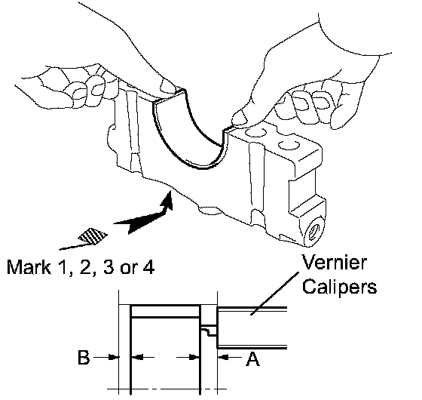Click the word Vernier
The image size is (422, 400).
(334, 262)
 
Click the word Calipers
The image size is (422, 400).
(339, 286)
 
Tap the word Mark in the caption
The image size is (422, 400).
(29, 267)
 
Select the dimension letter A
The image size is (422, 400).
(252, 358)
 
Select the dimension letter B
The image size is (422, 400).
(84, 357)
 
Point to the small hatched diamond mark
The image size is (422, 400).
(92, 236)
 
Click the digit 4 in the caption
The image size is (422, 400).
(148, 267)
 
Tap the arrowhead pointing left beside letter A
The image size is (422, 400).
(223, 358)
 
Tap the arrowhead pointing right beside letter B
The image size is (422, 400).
(114, 358)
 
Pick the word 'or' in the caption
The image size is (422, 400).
(128, 269)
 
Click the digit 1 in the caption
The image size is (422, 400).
(63, 267)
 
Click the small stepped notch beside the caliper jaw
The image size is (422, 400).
(209, 331)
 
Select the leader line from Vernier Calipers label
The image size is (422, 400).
(275, 294)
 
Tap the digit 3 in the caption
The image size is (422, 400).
(109, 267)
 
